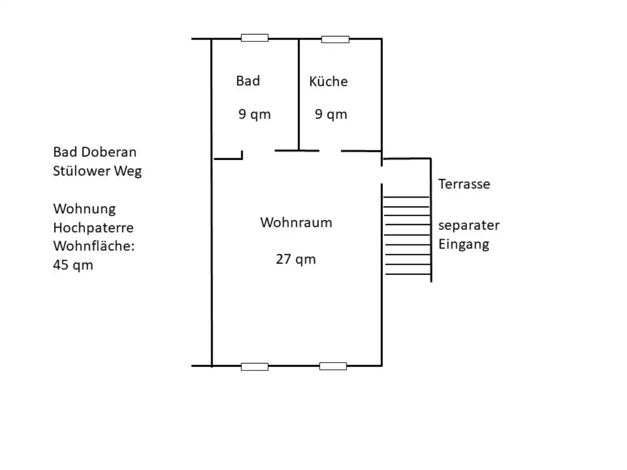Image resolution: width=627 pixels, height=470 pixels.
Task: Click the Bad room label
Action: pos(248,81)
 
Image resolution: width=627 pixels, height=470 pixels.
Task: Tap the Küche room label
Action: pos(328,81)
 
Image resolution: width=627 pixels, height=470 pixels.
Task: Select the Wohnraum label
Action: pos(296,222)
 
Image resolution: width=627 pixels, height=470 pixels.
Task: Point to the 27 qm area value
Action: pos(296,259)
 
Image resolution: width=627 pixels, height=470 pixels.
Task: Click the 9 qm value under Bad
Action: pos(254,114)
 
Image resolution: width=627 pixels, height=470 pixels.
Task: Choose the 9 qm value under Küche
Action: pos(331,114)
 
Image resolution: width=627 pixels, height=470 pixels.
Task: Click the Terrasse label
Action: pos(464,184)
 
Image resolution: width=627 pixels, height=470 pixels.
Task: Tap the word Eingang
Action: pos(463,244)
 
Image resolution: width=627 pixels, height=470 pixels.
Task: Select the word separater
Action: pos(469,226)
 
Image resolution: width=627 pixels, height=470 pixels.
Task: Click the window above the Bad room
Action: pos(254,38)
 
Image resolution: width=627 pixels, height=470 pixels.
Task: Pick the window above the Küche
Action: pos(335,39)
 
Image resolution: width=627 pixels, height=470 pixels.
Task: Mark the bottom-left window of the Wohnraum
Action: pos(254,367)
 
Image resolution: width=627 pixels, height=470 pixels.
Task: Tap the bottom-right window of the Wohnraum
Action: pos(333,366)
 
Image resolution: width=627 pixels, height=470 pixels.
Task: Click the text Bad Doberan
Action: pos(95,152)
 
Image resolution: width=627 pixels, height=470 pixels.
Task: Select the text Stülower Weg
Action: pos(97,171)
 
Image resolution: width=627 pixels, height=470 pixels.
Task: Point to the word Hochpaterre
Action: pos(94,228)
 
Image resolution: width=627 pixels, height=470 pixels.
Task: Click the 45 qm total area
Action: pos(73,265)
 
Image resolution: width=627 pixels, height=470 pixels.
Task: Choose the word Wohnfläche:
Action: pos(94,246)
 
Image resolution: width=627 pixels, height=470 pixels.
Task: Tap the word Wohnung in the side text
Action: pos(84,209)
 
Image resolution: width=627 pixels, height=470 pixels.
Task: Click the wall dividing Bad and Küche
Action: pos(299,95)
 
